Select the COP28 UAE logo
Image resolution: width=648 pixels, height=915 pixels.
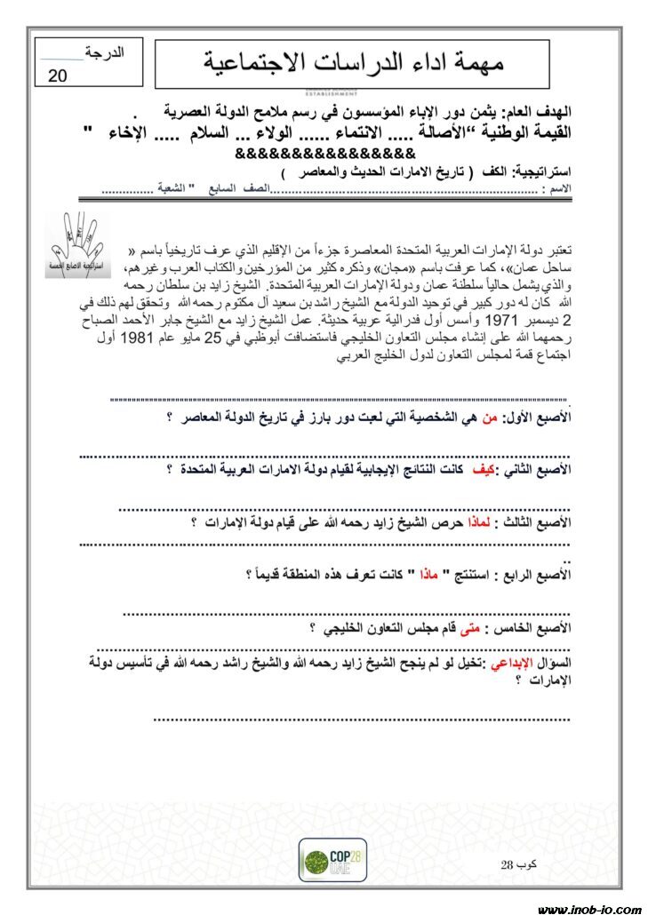[x=332, y=859]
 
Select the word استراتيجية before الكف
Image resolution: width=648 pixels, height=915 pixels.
[x=539, y=172]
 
